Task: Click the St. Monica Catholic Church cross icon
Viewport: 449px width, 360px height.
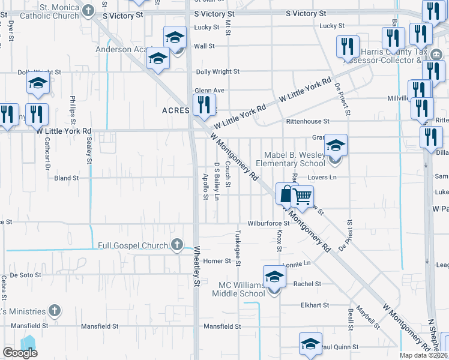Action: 89,10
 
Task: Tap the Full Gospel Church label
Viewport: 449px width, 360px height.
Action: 134,245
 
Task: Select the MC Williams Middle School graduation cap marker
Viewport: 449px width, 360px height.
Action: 274,276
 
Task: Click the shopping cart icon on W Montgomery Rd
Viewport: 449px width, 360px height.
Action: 303,196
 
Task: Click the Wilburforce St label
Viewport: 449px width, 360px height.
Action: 270,223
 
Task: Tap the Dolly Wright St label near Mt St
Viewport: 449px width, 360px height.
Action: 217,71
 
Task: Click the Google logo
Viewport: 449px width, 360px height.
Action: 20,353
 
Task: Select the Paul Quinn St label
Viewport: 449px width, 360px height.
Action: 339,347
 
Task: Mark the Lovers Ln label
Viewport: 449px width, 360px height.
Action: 322,178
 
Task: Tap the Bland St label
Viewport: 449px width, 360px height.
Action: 67,178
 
